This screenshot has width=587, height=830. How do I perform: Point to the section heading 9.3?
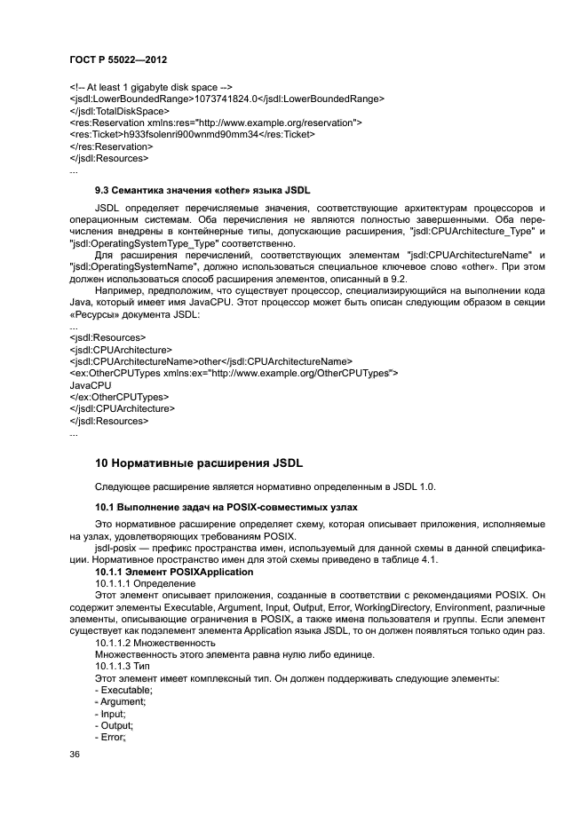pos(202,191)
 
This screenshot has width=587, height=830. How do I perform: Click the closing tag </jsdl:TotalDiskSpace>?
pos(118,110)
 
